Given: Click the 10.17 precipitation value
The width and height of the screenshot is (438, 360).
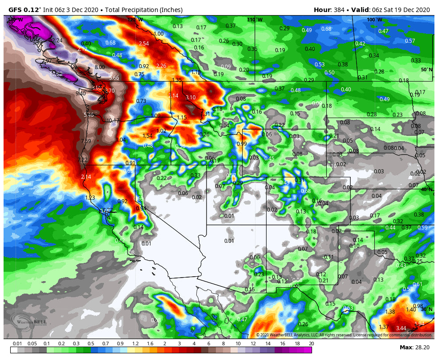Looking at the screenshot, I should (113, 120).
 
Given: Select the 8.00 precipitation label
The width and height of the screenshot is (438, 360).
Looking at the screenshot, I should (100, 67).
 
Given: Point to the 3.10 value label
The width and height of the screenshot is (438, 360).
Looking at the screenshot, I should (191, 98).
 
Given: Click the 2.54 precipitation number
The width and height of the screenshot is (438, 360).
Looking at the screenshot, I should (144, 44).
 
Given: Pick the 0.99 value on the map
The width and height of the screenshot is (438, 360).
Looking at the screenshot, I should (242, 144).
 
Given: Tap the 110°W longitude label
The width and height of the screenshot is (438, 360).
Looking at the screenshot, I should (255, 20).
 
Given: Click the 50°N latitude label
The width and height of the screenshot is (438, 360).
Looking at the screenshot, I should (426, 70).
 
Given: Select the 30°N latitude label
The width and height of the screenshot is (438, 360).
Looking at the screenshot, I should (426, 309).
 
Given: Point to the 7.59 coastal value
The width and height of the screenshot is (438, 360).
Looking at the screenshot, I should (86, 141).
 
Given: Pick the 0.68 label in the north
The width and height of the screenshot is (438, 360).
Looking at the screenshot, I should (326, 29).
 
